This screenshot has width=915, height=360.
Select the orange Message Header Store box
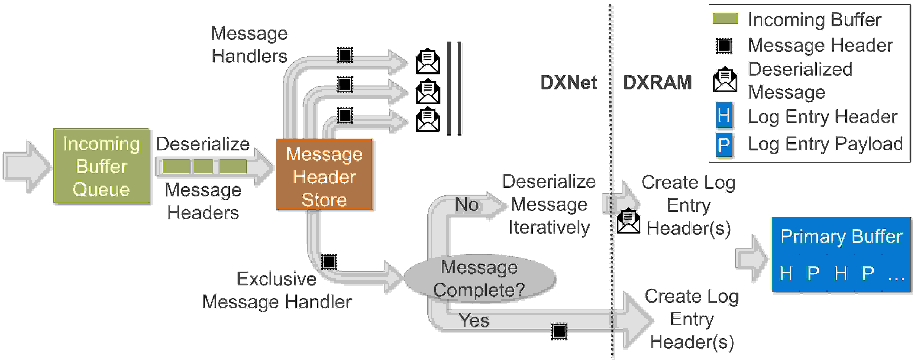pyautogui.click(x=324, y=174)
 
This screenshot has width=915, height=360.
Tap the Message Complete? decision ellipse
pyautogui.click(x=480, y=278)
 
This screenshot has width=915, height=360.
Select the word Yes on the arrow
pyautogui.click(x=473, y=320)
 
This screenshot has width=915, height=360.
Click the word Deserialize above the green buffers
pyautogui.click(x=203, y=144)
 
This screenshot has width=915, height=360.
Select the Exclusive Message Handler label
pyautogui.click(x=277, y=290)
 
